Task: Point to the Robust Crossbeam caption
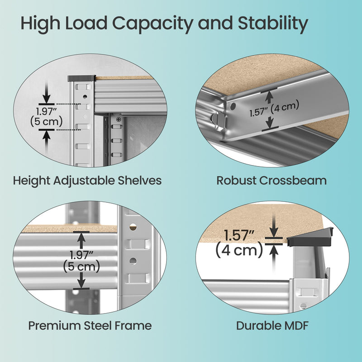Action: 271,181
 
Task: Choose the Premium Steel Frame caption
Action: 90,325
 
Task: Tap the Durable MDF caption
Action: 272,325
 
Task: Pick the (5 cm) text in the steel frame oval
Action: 81,267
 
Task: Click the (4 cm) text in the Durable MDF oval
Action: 239,250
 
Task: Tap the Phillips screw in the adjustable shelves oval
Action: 119,120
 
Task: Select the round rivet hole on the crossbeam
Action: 233,106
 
